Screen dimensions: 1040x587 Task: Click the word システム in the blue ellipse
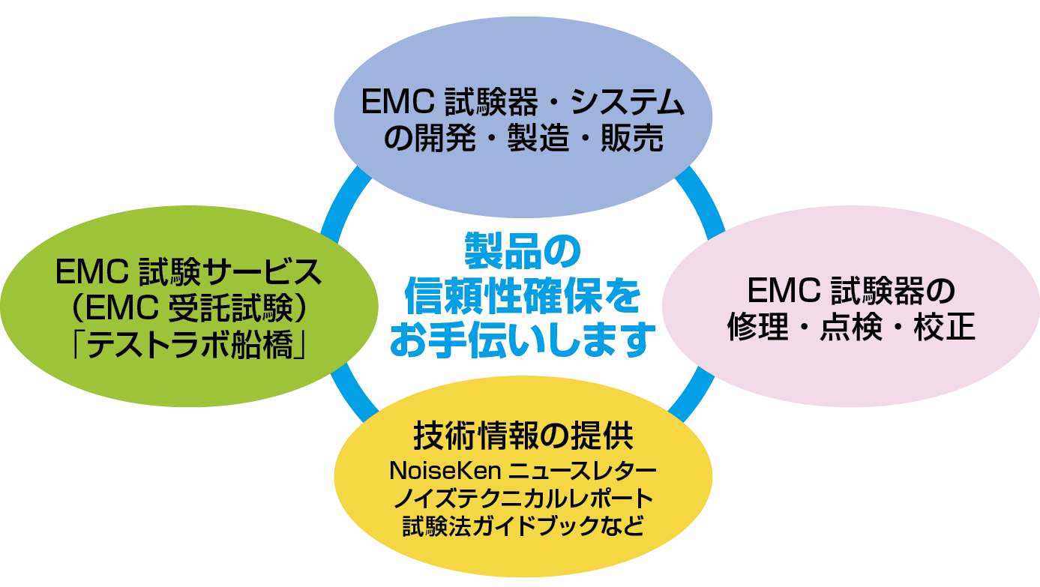pos(628,102)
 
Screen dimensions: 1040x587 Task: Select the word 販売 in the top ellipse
pos(632,138)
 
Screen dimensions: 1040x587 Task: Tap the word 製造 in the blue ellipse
pos(538,138)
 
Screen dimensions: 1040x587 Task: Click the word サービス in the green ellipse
pos(262,271)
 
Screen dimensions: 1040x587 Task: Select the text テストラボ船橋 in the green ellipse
pos(190,344)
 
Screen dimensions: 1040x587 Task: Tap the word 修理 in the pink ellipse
pos(758,327)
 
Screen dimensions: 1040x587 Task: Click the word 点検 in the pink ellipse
pos(851,327)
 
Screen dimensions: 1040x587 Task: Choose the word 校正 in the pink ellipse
pos(944,327)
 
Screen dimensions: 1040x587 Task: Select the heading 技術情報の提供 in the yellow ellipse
pos(523,436)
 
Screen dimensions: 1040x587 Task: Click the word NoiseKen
pos(445,471)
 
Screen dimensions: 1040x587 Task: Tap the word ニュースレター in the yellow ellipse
pos(583,471)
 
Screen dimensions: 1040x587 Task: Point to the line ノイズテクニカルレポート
pos(523,499)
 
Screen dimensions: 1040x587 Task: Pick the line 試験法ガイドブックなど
pos(523,526)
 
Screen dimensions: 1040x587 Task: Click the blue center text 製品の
pos(523,251)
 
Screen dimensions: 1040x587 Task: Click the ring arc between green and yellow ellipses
pos(353,393)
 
